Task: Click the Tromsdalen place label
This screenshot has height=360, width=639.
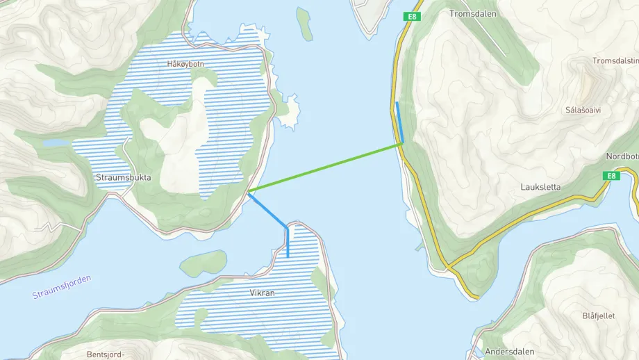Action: click(x=470, y=13)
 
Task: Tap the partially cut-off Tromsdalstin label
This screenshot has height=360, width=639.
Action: click(x=615, y=61)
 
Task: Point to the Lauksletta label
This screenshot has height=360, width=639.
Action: click(x=540, y=187)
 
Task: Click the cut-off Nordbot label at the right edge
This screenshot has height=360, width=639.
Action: click(x=622, y=156)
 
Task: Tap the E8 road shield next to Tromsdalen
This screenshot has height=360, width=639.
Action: click(x=413, y=16)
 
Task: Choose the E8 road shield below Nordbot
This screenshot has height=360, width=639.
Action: click(x=610, y=176)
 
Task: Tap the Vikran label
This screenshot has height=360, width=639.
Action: click(x=263, y=293)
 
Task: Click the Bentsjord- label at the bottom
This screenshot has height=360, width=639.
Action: click(x=106, y=354)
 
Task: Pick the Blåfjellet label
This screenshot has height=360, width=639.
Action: click(x=598, y=316)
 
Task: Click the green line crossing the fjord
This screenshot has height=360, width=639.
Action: click(x=325, y=167)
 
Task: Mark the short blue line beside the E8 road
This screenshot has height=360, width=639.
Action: click(x=399, y=122)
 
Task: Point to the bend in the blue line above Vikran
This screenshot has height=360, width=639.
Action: click(x=286, y=227)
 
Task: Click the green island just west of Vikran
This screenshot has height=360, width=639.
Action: click(x=204, y=262)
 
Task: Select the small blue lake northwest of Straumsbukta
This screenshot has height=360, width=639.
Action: click(x=56, y=142)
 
